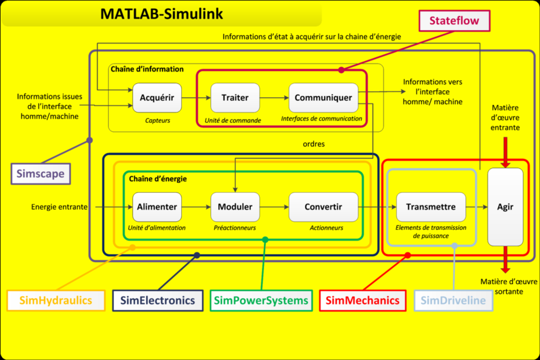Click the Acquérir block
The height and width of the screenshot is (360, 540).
pyautogui.click(x=157, y=98)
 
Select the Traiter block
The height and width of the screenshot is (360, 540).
pyautogui.click(x=235, y=98)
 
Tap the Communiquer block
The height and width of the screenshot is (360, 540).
pyautogui.click(x=323, y=98)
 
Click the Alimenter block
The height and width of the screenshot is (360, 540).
pyautogui.click(x=157, y=207)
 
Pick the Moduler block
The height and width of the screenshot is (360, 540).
pyautogui.click(x=235, y=207)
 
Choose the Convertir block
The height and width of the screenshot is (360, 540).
pyautogui.click(x=323, y=207)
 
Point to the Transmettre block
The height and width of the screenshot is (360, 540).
pyautogui.click(x=431, y=207)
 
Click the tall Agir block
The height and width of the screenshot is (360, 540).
pyautogui.click(x=505, y=207)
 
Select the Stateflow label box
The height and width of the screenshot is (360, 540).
pyautogui.click(x=454, y=21)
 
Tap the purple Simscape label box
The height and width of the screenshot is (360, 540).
pyautogui.click(x=40, y=174)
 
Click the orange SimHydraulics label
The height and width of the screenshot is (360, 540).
pyautogui.click(x=56, y=300)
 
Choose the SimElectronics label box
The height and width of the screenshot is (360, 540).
pyautogui.click(x=158, y=300)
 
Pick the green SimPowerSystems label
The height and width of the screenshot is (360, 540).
pyautogui.click(x=261, y=300)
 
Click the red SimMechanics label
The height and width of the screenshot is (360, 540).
pyautogui.click(x=362, y=300)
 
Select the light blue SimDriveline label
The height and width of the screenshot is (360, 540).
pyautogui.click(x=453, y=300)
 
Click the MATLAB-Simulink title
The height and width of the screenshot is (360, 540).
pyautogui.click(x=161, y=14)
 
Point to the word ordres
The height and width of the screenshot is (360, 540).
pyautogui.click(x=313, y=144)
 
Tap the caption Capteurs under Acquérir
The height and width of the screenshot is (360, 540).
pyautogui.click(x=157, y=121)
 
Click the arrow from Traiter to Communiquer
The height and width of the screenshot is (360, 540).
pyautogui.click(x=274, y=98)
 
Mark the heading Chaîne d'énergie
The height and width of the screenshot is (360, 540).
pyautogui.click(x=158, y=179)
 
